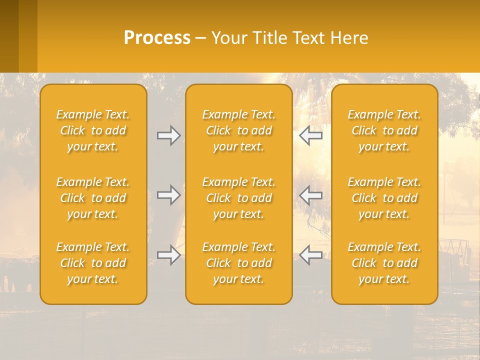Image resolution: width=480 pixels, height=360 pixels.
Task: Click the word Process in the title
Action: pos(157,38)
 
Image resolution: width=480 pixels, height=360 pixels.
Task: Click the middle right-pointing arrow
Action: pos(168,195)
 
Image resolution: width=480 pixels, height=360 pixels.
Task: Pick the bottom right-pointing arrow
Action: pos(168,255)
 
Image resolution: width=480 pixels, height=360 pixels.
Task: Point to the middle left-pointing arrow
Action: pos(311,195)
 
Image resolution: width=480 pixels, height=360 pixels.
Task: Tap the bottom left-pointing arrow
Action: pos(311,255)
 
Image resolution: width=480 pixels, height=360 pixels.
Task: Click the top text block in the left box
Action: pos(93,130)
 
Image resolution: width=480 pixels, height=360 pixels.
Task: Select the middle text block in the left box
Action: pos(93,198)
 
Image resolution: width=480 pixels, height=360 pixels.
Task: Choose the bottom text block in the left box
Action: pos(93,263)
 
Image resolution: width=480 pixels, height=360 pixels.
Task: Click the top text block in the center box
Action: pos(239,130)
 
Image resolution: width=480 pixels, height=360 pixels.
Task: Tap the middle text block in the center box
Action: pos(239,198)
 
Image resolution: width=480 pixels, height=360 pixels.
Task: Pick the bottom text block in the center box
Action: pos(239,263)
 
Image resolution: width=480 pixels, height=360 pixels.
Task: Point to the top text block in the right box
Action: pos(384,130)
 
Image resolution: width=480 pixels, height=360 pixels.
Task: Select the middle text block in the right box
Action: pos(384,198)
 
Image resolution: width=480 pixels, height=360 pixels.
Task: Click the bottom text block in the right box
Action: pos(384,263)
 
